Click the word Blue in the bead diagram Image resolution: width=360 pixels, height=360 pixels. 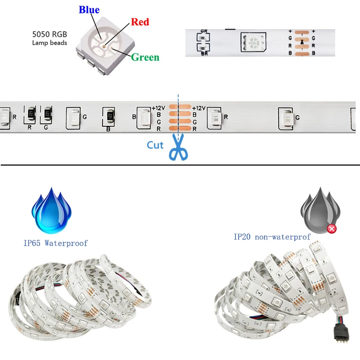tap(89, 10)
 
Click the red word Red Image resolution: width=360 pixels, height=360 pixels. tap(140, 22)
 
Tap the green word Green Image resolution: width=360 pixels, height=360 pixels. tap(145, 57)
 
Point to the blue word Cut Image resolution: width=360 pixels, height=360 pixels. tap(155, 145)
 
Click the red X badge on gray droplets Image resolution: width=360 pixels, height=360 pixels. tap(332, 229)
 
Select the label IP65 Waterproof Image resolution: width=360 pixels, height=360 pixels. tap(55, 243)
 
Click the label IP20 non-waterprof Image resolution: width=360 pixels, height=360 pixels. tap(272, 236)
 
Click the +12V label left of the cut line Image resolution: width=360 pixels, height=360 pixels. tap(159, 108)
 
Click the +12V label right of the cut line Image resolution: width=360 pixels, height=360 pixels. tap(198, 108)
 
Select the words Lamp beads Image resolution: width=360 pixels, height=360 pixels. tap(49, 43)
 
